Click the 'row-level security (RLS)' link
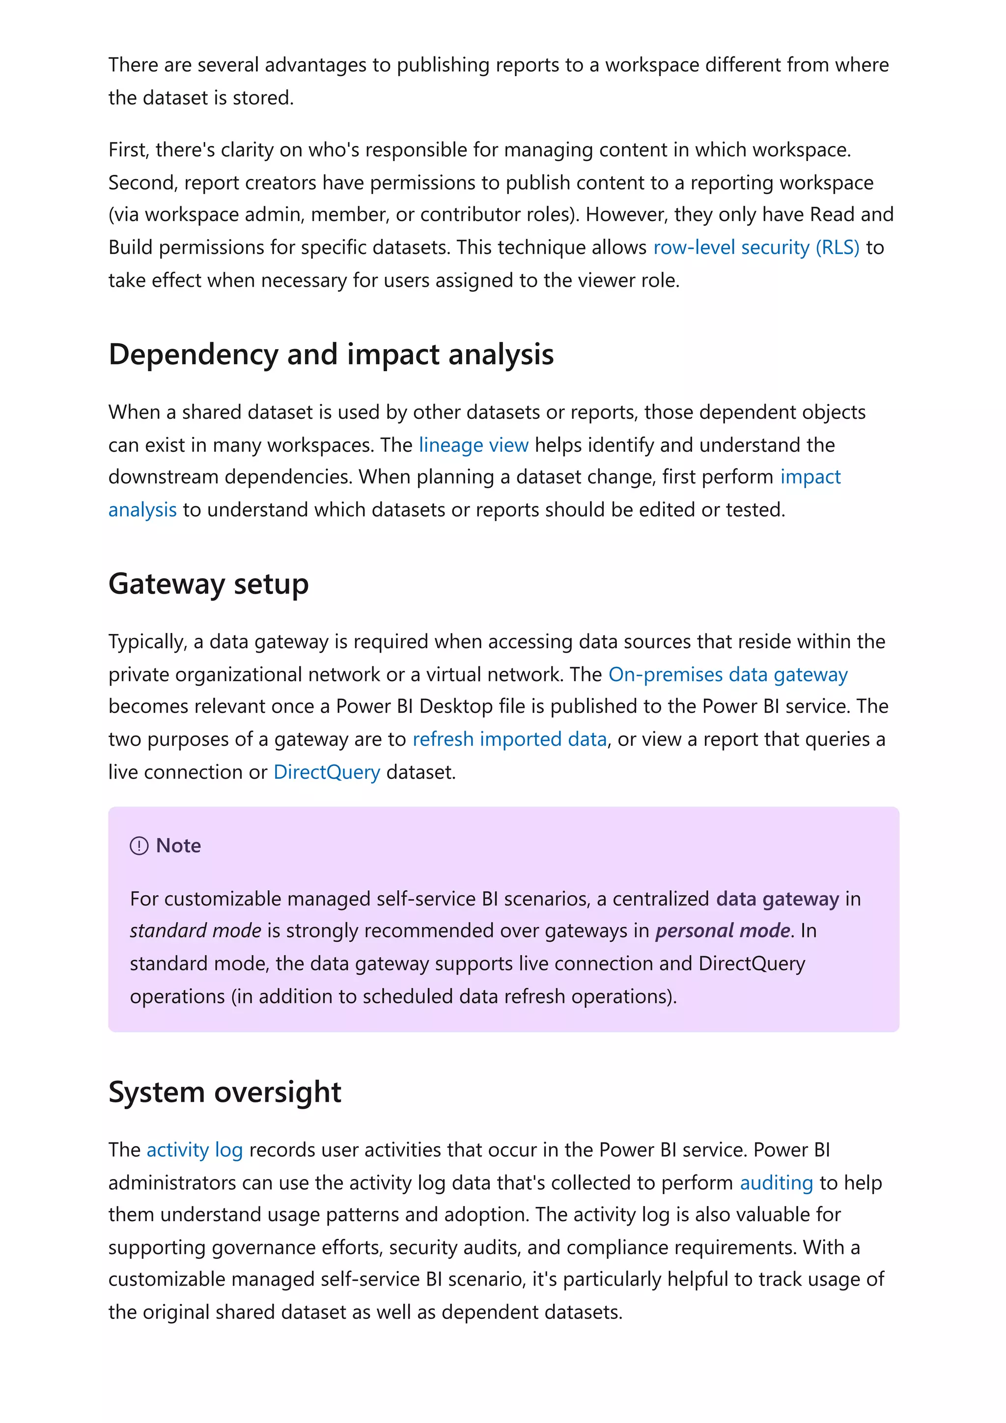755,247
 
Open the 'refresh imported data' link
509,739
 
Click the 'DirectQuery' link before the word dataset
327,772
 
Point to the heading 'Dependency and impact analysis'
331,355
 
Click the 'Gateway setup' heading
208,584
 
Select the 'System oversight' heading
224,1092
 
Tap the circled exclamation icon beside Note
139,846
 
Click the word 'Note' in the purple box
178,846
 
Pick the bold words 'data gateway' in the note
777,899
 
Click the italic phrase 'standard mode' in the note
195,931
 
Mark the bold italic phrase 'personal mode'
723,931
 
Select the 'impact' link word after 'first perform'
810,477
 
